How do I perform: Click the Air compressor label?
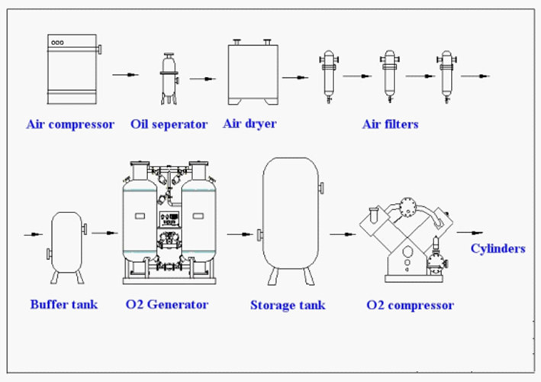coord(70,125)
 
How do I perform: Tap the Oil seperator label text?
coord(169,125)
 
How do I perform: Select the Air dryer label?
coord(250,124)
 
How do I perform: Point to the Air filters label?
coord(390,124)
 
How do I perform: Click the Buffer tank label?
coord(64,304)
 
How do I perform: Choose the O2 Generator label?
coord(167,304)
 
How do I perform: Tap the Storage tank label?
coord(288,305)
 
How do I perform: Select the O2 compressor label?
coord(411,305)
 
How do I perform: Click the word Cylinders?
coord(498,248)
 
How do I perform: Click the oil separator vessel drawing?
coord(169,79)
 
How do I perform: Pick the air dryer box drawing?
coord(253,72)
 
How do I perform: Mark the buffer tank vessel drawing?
coord(67,248)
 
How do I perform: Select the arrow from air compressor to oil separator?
coord(125,75)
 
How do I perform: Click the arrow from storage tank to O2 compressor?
coord(343,235)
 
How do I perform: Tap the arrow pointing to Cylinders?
coord(469,233)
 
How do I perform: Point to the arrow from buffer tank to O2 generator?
coord(105,233)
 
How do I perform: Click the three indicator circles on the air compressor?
coord(58,43)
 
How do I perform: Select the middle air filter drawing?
coord(390,76)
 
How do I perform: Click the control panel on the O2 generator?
coord(169,219)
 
